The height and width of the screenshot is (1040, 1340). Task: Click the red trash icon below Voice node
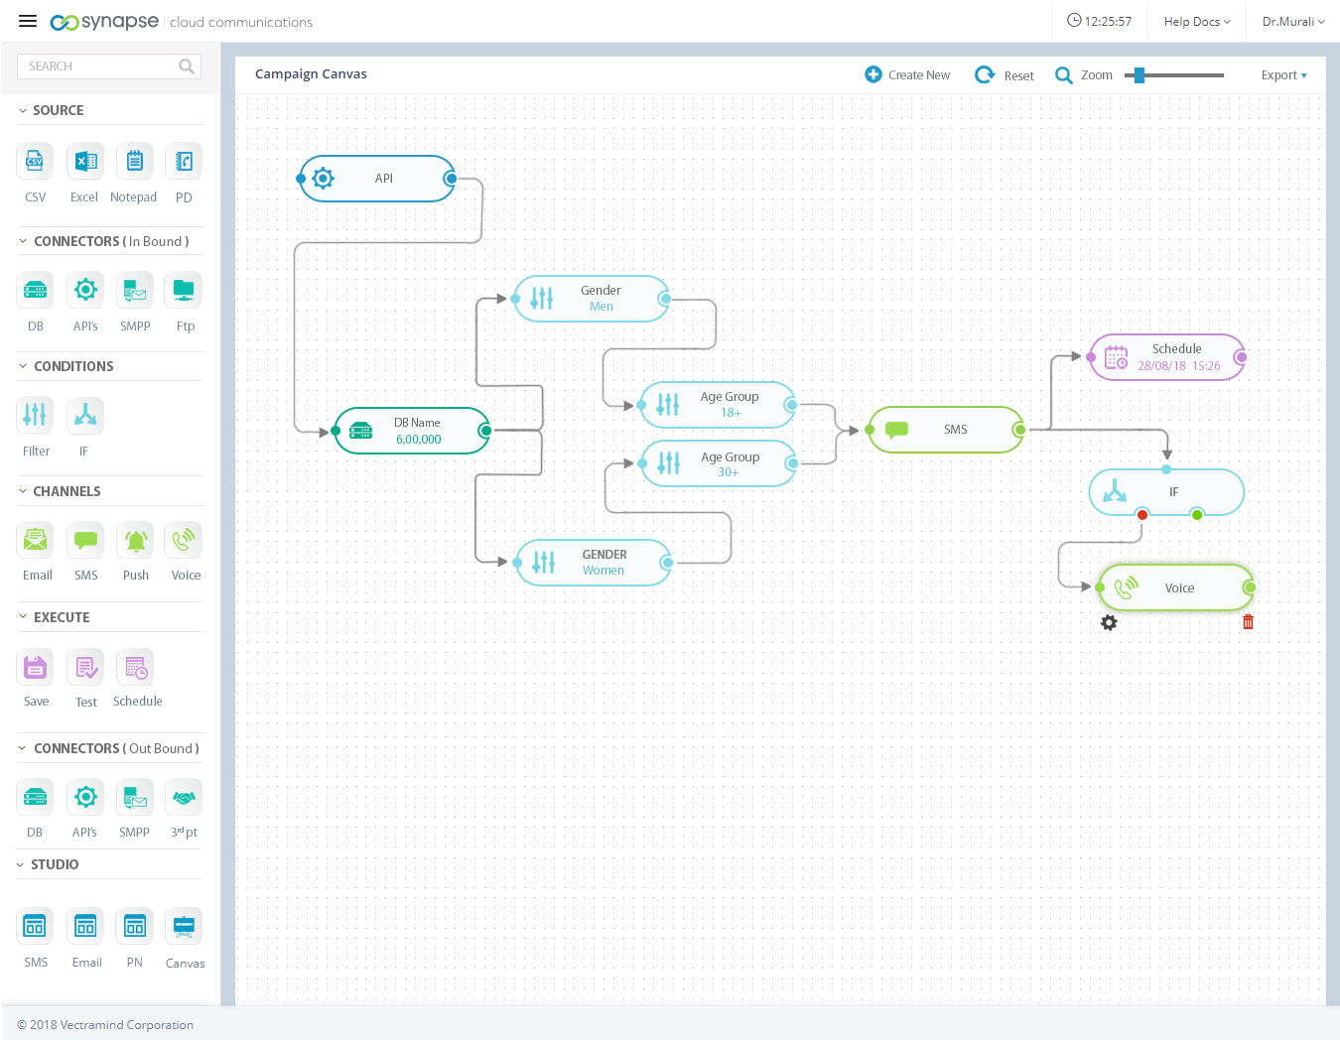pos(1248,622)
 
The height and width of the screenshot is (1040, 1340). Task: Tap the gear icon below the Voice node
pos(1109,622)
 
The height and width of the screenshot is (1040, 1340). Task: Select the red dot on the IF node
pos(1142,514)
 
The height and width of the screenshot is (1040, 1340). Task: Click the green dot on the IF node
pos(1197,514)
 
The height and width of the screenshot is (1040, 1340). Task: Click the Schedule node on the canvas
pos(1167,357)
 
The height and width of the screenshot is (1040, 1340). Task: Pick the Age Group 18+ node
pos(719,405)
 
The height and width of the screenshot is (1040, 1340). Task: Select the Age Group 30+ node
pos(719,463)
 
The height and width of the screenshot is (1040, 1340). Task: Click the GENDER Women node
pos(594,563)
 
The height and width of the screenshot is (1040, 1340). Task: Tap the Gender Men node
pos(592,299)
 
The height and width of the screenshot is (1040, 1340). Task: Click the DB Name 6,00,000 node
pos(412,431)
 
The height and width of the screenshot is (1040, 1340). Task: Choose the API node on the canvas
pos(377,179)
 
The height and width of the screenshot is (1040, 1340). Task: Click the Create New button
pos(907,75)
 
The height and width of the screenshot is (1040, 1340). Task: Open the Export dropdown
pos(1283,75)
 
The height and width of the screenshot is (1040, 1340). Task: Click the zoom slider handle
pos(1139,75)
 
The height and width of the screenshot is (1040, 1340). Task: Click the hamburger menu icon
pos(28,21)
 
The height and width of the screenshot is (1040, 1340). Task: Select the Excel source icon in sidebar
pos(85,162)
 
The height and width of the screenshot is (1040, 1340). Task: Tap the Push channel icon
pos(136,541)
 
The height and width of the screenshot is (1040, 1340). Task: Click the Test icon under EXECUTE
pos(86,668)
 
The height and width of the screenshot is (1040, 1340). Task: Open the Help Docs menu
pos(1196,22)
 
